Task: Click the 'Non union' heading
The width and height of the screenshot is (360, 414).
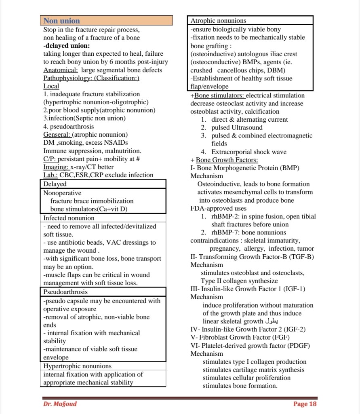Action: coord(62,21)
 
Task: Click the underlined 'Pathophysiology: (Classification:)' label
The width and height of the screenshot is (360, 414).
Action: coord(91,78)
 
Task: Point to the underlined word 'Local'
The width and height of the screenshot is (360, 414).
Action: coord(51,86)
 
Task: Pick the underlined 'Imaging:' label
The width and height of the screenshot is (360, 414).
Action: coord(56,167)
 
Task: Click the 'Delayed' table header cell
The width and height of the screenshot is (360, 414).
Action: coord(55,184)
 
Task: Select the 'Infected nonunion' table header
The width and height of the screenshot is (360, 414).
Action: coord(69,218)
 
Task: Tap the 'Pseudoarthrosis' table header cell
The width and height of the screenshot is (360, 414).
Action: coord(65,291)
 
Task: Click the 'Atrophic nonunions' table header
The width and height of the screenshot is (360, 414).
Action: coord(218,20)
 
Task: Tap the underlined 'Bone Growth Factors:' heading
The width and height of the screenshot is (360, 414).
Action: coord(229,160)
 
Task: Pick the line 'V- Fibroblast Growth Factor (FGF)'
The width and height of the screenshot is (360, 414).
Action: coord(240,337)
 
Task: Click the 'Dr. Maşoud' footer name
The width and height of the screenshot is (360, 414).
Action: coord(60,404)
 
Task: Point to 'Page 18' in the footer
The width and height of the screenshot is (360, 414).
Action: coord(305,404)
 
